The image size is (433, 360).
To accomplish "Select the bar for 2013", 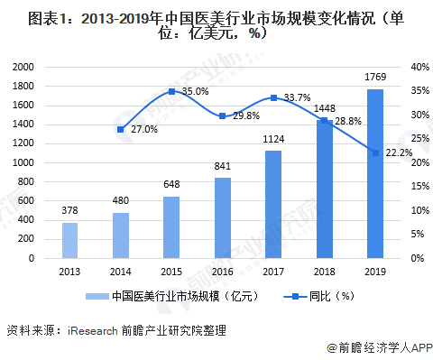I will coord(69,240).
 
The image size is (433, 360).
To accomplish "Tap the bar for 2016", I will coord(222,217).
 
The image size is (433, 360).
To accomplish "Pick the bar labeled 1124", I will coord(273,204).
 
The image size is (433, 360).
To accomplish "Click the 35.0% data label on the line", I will coord(195,92).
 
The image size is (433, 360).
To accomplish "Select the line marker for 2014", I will coord(121,129).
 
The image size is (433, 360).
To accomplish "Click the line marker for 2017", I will coord(273,97).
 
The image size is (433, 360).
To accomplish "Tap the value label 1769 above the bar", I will coord(375,78).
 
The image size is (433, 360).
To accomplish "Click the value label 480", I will coord(121,201).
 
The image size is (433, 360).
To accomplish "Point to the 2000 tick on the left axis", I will coord(24,67).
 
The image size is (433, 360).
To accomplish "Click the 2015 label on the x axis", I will coord(171,272).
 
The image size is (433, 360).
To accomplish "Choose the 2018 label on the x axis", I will coord(324,272).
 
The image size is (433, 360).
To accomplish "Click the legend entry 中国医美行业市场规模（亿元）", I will coord(171,296).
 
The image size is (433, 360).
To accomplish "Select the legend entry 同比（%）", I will coord(319,296).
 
